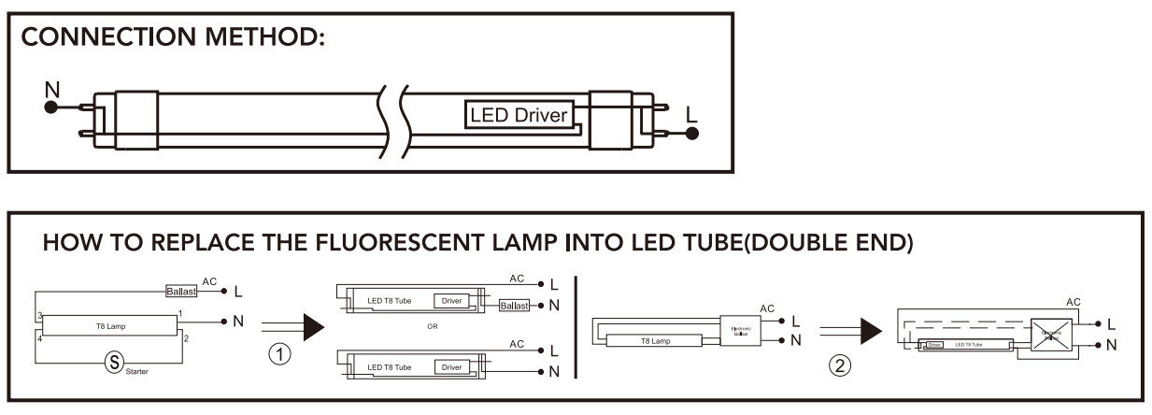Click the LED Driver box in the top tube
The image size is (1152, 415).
pos(519,116)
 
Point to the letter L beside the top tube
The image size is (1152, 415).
pos(690,113)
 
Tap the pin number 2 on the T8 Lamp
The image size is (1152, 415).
pos(186,337)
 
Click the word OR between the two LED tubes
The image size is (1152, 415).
pos(431,326)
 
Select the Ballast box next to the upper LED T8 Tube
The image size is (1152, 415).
pos(514,306)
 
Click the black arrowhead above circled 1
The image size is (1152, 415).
pos(313,326)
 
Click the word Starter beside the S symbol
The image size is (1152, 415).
pos(136,372)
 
